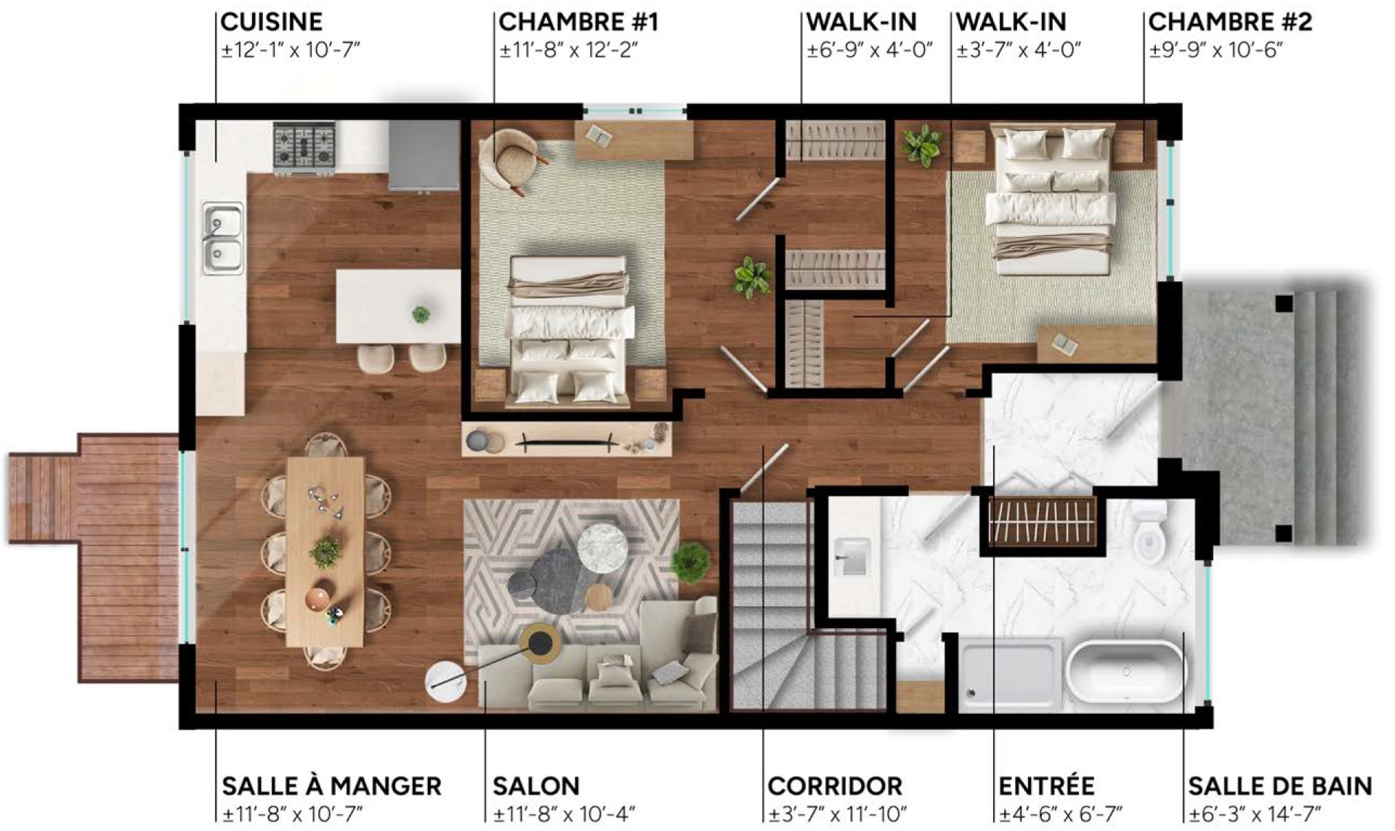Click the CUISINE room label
pyautogui.click(x=272, y=22)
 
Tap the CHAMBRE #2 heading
pyautogui.click(x=1230, y=22)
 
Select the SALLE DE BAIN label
pyautogui.click(x=1280, y=786)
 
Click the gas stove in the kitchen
pyautogui.click(x=304, y=148)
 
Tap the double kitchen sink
pyautogui.click(x=222, y=238)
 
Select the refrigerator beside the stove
pyautogui.click(x=424, y=156)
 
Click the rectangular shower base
pyautogui.click(x=1010, y=673)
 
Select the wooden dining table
pyautogui.click(x=325, y=551)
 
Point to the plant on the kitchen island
pyautogui.click(x=421, y=315)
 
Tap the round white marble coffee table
pyautogui.click(x=603, y=547)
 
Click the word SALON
pyautogui.click(x=536, y=786)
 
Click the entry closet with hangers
pyautogui.click(x=1042, y=521)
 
